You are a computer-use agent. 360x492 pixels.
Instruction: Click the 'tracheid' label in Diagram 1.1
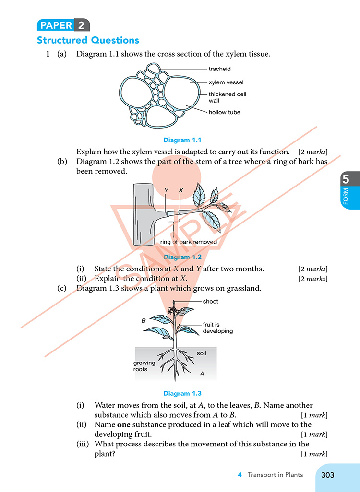click(219, 69)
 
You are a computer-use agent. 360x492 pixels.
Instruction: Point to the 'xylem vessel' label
click(226, 82)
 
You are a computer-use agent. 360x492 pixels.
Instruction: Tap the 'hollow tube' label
click(224, 112)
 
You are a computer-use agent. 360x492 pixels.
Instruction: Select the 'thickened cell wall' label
click(227, 97)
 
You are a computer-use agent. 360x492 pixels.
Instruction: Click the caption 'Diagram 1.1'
click(182, 140)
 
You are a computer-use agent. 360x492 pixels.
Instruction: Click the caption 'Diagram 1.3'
click(182, 394)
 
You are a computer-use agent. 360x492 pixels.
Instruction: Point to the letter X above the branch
click(181, 190)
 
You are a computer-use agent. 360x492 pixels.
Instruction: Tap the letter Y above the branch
click(167, 190)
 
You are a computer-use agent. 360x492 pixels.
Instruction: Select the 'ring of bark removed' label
click(189, 242)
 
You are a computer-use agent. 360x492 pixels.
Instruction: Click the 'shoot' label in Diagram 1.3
click(210, 302)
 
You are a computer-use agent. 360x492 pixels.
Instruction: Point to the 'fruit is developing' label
click(217, 328)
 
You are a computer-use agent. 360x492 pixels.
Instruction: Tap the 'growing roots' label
click(144, 366)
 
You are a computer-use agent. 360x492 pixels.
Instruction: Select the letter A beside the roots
click(202, 374)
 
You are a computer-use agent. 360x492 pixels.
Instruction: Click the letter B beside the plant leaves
click(143, 320)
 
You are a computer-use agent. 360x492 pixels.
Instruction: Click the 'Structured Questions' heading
click(88, 40)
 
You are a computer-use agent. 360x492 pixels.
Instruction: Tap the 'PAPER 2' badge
click(63, 25)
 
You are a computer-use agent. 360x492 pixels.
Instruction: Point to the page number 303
click(327, 475)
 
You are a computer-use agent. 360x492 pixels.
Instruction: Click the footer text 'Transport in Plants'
click(275, 475)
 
